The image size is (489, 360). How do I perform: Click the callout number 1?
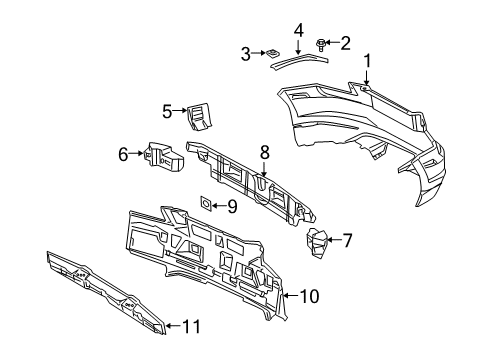(x=367, y=61)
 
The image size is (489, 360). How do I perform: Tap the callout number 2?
(x=346, y=42)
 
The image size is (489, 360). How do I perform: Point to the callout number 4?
(x=297, y=31)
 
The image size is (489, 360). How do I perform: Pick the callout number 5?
(x=167, y=111)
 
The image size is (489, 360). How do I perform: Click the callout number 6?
(x=124, y=154)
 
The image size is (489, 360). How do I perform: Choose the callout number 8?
(x=264, y=153)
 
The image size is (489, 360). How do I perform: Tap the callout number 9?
(x=231, y=206)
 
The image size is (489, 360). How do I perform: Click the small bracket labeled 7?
(x=318, y=243)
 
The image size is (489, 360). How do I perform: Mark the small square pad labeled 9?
(x=206, y=203)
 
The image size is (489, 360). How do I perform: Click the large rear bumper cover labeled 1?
(x=360, y=125)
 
